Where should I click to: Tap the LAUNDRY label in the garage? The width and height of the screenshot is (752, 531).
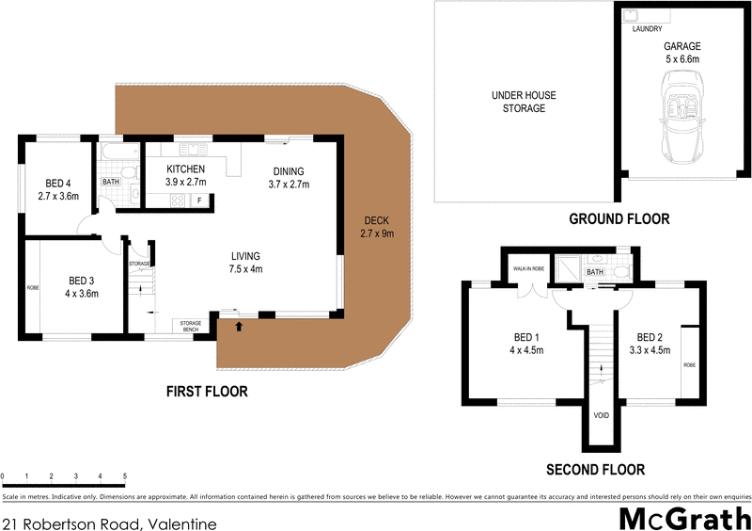647,29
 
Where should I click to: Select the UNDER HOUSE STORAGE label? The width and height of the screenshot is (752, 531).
518,102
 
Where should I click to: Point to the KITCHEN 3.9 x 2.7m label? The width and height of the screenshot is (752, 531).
185,175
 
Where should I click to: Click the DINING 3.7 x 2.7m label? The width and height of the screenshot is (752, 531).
290,177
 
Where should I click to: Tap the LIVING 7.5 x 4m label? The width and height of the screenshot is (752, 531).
247,263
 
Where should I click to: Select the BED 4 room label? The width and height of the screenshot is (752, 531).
58,190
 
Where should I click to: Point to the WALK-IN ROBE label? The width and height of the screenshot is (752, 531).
528,269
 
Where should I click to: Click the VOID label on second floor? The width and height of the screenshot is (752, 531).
601,415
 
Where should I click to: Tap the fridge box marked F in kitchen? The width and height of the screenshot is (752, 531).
199,201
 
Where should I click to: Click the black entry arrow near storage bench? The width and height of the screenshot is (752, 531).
238,327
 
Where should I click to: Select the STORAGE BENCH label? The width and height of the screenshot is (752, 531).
184,327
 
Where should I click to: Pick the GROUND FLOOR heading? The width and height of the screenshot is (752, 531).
619,219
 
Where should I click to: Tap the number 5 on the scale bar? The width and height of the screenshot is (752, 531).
124,477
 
